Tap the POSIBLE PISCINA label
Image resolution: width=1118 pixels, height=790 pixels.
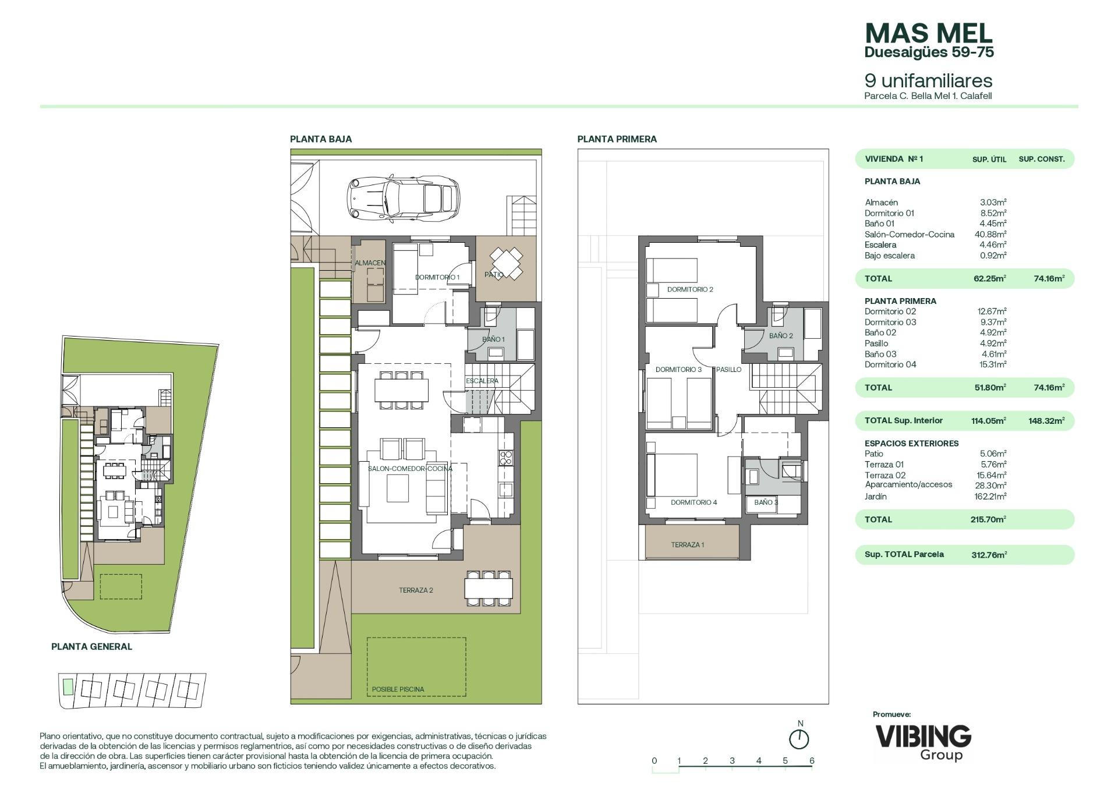[x=398, y=689]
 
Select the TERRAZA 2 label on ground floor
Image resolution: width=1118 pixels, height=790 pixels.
[x=416, y=590]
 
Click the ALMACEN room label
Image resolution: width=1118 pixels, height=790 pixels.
[x=370, y=263]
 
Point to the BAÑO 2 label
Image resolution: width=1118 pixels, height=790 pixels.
[x=781, y=336]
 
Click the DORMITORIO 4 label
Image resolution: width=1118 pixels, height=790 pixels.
[x=694, y=502]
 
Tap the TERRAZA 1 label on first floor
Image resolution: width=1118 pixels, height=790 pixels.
[x=688, y=545]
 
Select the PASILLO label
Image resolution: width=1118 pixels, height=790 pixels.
[x=729, y=370]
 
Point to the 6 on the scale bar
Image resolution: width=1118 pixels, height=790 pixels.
[x=812, y=760]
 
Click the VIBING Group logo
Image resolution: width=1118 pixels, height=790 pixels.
[x=924, y=742]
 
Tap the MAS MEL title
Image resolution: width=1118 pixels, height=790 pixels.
[x=929, y=33]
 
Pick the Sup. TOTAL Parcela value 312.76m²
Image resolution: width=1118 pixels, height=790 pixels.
[x=989, y=555]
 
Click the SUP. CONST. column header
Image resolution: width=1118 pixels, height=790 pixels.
[x=1042, y=159]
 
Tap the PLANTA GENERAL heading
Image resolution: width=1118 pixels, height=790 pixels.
[x=91, y=646]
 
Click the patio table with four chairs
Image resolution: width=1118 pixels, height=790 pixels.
[x=505, y=263]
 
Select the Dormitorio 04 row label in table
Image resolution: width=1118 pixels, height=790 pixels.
[x=890, y=364]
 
